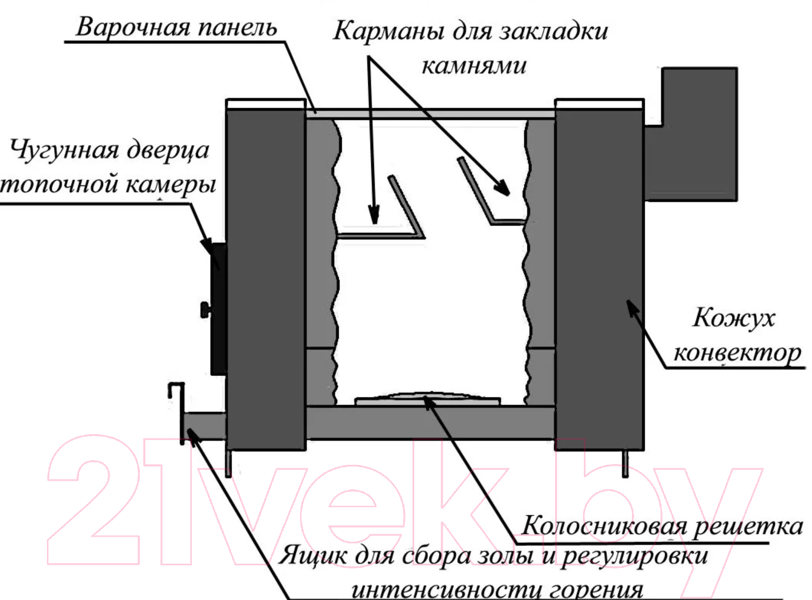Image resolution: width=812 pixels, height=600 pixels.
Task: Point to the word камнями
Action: point(474,66)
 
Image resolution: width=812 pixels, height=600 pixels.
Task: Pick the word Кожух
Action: point(734,317)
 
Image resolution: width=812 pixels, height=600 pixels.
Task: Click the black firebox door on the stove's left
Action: point(219,309)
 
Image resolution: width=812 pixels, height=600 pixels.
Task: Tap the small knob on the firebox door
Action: point(206,310)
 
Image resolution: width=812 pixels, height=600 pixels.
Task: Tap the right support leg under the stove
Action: point(625,463)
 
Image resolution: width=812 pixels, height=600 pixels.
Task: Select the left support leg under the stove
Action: point(229,463)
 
